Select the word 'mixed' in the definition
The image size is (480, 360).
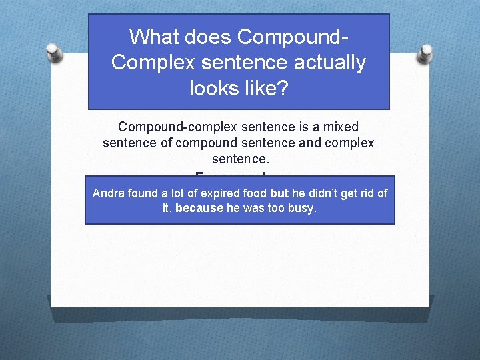coord(341,127)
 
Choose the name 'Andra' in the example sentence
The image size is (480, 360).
coord(107,193)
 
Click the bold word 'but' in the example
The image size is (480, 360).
coord(279,193)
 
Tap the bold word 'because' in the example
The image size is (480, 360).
coord(199,208)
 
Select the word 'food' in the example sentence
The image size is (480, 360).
coord(256,193)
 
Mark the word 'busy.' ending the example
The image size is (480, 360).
coord(303,208)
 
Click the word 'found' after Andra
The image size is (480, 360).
coord(139,193)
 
